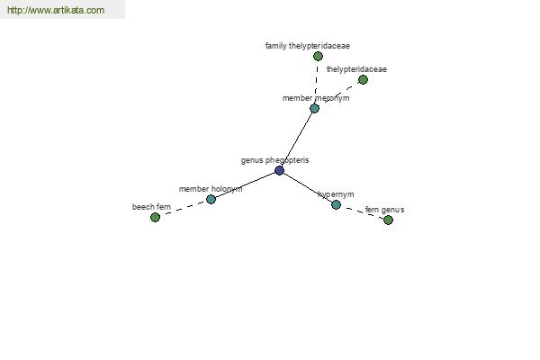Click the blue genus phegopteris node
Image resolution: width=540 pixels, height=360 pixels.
[x=279, y=170]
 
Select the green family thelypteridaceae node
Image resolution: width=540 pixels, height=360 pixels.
[x=318, y=56]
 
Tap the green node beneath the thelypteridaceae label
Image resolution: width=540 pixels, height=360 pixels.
[x=363, y=80]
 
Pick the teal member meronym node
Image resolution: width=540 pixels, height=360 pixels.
[x=314, y=109]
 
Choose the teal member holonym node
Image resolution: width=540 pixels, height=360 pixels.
[x=211, y=199]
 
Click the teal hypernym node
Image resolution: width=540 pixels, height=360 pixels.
[x=336, y=205]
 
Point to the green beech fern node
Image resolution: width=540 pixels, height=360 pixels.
[x=155, y=218]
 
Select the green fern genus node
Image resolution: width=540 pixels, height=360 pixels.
[x=388, y=220]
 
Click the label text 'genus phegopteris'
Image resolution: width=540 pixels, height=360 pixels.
[x=274, y=160]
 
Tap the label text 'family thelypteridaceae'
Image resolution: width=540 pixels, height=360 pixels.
[x=308, y=46]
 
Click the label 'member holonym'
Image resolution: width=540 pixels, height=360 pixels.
[x=211, y=189]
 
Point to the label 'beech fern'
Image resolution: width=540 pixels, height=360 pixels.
[x=151, y=207]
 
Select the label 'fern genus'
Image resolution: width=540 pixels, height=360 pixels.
[x=384, y=210]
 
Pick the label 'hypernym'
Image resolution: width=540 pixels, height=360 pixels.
[x=336, y=194]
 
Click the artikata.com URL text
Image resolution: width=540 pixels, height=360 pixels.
[x=56, y=10]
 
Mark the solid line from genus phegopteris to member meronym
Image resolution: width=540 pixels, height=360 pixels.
[x=297, y=139]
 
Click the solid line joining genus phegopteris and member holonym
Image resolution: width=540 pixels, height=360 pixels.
[x=245, y=184]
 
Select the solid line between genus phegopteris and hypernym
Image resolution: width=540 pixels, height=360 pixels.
[x=308, y=188]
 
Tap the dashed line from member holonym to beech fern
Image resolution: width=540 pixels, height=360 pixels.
[x=183, y=209]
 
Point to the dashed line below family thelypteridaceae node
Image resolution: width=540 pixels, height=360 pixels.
[x=316, y=82]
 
